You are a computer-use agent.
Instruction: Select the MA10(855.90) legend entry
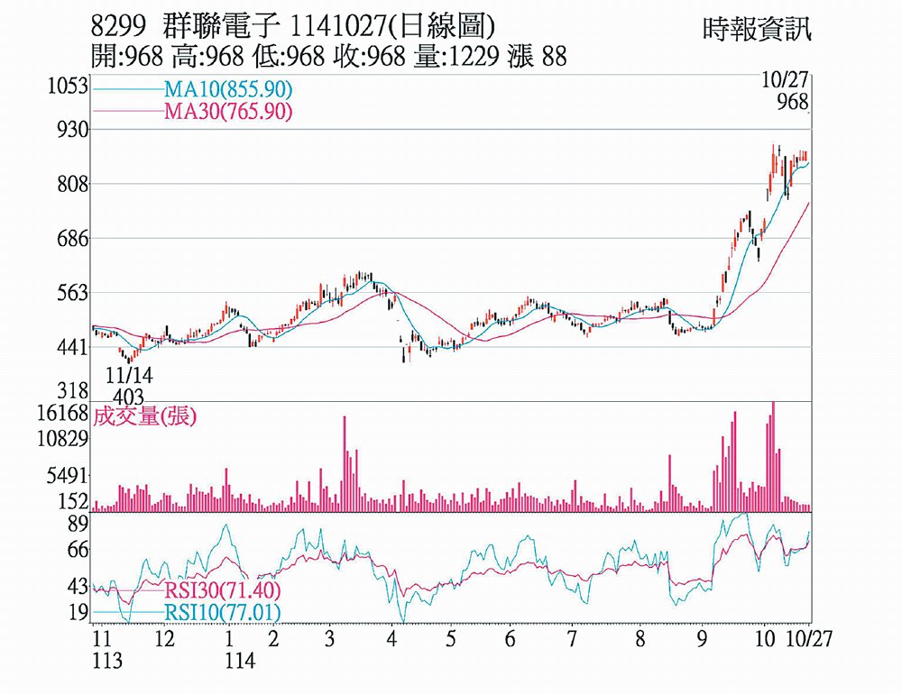pos(227,90)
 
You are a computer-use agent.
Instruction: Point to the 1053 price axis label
pos(69,87)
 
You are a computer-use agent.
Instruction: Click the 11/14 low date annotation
pos(130,374)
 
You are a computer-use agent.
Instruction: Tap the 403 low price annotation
pos(130,396)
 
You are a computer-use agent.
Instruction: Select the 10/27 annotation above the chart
pos(783,81)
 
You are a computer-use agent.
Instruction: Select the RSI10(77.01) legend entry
pos(222,613)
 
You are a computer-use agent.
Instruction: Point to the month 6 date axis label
pos(511,639)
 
